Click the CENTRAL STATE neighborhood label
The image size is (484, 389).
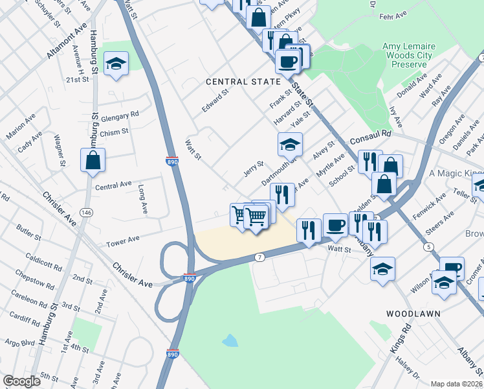[243, 82]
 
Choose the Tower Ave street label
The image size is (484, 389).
[123, 240]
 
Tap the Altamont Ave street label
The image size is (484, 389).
[66, 41]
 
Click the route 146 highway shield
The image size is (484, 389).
[86, 213]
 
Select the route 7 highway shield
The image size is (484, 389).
[259, 257]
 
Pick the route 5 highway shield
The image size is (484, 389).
[428, 247]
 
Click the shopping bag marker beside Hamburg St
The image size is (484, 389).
[93, 159]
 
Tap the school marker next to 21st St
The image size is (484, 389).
[116, 64]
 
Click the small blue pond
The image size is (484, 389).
[229, 340]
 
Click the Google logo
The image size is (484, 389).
[22, 381]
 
